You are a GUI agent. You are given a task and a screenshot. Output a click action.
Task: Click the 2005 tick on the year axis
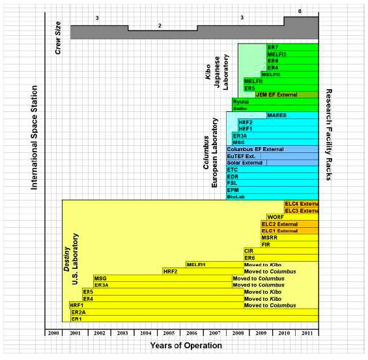tap(169, 333)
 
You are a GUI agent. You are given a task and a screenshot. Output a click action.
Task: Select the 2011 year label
tap(306, 333)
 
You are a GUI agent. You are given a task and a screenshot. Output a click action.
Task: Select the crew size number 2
tap(160, 25)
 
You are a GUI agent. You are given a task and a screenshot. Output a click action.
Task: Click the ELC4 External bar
tap(301, 204)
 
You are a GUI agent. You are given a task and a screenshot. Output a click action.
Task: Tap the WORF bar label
tap(274, 217)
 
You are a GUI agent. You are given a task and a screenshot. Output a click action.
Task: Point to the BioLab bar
tap(235, 197)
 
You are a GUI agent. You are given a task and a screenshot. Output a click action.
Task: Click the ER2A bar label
tap(79, 312)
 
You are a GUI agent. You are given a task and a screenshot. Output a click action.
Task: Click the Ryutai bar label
tap(240, 102)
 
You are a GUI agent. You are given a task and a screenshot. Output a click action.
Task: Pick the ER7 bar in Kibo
tap(273, 48)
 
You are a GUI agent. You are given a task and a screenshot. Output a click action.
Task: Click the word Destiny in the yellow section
tap(66, 259)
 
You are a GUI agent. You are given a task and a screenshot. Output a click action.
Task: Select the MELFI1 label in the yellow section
tap(196, 264)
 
